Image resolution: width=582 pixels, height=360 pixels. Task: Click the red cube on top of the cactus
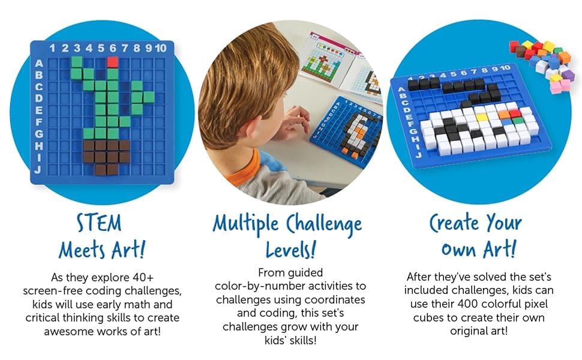(x=113, y=61)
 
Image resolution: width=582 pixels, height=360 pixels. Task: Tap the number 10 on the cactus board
(x=161, y=48)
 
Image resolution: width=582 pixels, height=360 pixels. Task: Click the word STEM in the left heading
(x=99, y=224)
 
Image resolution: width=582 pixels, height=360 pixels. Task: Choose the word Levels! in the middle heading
(x=290, y=247)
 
